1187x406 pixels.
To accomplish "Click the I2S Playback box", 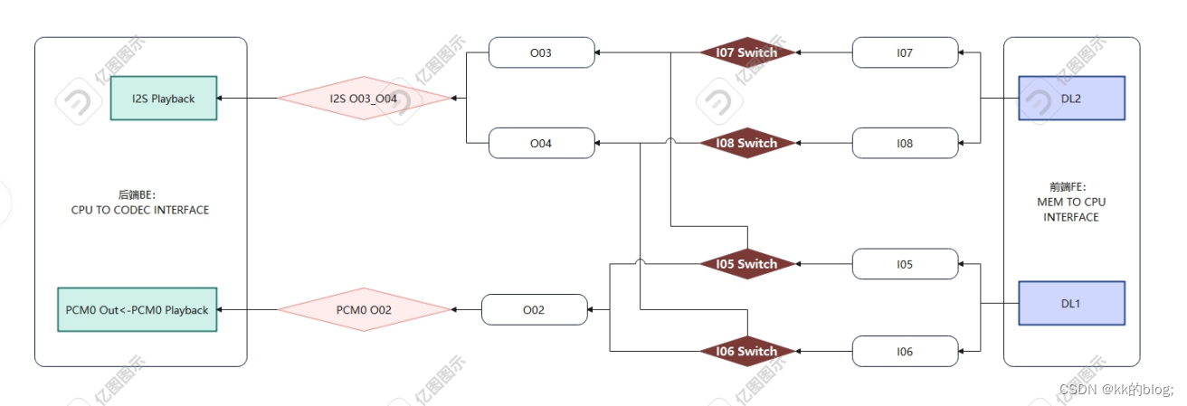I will coord(164,98).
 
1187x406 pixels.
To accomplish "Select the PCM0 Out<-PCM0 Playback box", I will coord(137,310).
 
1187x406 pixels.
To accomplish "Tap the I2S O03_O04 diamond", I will coord(363,98).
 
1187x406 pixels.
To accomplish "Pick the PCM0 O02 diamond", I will coord(363,310).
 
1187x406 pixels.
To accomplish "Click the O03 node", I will coord(541,52).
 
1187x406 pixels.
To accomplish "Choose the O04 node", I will coord(541,143).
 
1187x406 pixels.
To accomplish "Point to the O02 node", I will coord(534,310).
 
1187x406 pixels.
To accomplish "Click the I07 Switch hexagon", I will coord(746,52).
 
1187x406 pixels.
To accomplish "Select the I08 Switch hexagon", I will coord(746,143).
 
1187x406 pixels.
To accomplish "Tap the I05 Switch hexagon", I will coord(746,264).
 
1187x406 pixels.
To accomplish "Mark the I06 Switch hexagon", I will coord(746,351).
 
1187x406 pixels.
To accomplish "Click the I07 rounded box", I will coord(905,52).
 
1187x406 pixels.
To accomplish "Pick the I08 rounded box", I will coord(905,143).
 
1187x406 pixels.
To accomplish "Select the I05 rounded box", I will coord(905,264).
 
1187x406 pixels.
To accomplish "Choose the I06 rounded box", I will coord(905,351).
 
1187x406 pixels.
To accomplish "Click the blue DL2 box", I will coord(1071,98).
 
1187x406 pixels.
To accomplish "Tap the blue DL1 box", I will coord(1071,303).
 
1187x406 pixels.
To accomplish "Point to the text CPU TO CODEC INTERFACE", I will coord(140,210).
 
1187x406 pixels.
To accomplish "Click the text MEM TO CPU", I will coord(1071,203).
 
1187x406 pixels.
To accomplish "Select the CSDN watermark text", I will coord(1116,389).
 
